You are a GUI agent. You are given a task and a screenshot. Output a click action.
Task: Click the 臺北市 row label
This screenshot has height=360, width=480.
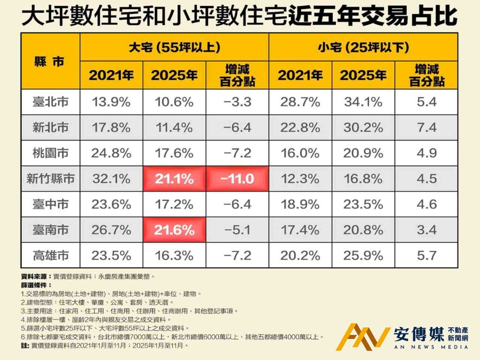pos(50,102)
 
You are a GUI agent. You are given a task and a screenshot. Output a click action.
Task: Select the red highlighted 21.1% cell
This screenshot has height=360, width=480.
pos(174,179)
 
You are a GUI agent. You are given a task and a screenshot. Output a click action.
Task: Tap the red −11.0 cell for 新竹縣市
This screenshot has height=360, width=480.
pos(237,179)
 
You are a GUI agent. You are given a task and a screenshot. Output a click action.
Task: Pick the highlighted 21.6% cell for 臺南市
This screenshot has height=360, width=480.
pos(174,230)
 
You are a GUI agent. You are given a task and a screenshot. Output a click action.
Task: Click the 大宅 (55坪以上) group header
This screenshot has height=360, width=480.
pos(174,47)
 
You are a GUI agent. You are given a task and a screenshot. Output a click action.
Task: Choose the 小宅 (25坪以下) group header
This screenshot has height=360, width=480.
pos(363,47)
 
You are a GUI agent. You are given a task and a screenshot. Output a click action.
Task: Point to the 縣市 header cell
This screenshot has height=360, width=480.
pos(50,61)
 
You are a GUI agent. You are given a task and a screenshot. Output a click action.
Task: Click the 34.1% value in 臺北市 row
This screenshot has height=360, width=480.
pos(363,102)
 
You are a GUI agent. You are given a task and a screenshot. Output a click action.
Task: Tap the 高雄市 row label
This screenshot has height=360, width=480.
pos(50,255)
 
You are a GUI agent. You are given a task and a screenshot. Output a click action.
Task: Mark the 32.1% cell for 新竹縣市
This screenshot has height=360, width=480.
pos(111,179)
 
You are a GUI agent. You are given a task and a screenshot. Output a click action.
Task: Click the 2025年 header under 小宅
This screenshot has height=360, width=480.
pos(363,75)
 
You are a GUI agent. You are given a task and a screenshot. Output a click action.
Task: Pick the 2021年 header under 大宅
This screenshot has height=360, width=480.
pos(111,75)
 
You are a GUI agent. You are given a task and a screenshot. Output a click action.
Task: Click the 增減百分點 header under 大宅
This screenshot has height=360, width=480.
pos(237,75)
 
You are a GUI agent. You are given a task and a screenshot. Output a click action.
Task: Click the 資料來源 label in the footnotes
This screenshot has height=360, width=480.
pos(33,277)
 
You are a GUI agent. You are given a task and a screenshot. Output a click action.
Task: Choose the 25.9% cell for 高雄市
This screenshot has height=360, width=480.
pos(363,255)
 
